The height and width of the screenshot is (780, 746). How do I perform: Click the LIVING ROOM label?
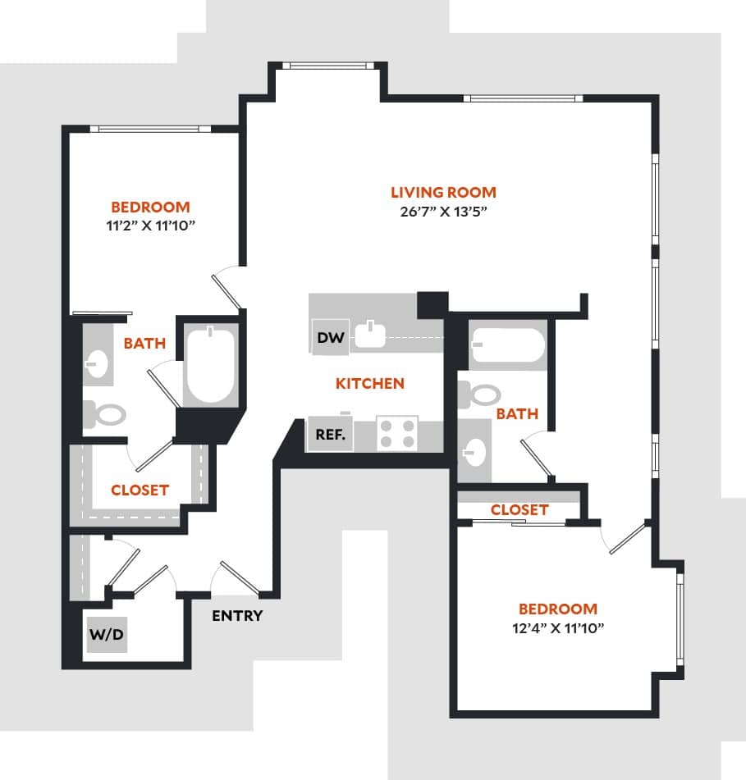point(443,193)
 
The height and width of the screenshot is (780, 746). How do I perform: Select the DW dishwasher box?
point(330,337)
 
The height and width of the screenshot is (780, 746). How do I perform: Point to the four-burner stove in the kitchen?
point(397,434)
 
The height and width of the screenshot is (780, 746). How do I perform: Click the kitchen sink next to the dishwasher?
point(371,335)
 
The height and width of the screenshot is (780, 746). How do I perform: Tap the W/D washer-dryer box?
point(107,634)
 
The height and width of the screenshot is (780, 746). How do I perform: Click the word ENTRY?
point(237,616)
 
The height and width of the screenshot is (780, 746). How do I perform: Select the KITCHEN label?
point(370,383)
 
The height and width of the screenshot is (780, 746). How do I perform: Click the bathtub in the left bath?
point(210,364)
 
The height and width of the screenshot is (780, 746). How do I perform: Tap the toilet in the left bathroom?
point(104,413)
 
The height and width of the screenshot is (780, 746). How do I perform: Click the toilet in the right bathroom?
point(479,395)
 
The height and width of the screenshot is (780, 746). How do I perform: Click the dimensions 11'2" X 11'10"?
point(150,226)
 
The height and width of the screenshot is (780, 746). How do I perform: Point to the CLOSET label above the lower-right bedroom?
point(519,509)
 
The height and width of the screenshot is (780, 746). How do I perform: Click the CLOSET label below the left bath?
point(140,490)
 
